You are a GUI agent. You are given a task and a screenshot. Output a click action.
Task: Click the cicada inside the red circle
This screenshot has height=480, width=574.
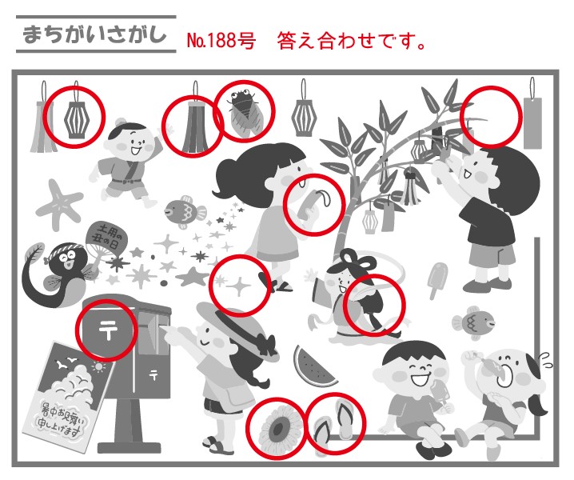pyautogui.click(x=243, y=110)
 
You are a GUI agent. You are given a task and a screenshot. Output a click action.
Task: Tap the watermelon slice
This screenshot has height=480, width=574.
pyautogui.click(x=313, y=367)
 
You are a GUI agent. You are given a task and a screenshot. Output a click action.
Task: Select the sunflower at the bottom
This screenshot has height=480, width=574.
pyautogui.click(x=277, y=427)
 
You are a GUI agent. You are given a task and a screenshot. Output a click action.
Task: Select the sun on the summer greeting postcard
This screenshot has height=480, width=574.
pyautogui.click(x=98, y=366)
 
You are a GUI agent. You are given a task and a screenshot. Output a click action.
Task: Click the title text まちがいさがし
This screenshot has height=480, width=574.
pyautogui.click(x=94, y=35)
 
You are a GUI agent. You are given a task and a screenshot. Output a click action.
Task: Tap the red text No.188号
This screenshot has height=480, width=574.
pyautogui.click(x=221, y=40)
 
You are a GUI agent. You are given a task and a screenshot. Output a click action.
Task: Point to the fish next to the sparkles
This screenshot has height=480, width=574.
pyautogui.click(x=185, y=212)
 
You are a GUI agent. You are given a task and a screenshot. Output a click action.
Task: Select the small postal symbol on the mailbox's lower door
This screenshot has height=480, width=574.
pyautogui.click(x=153, y=374)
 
